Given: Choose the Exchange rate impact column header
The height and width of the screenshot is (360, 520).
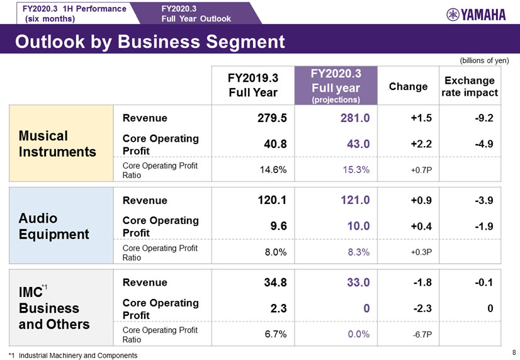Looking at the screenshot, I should coord(470,87).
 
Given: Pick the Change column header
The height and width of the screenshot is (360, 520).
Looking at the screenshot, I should coord(409,87).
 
